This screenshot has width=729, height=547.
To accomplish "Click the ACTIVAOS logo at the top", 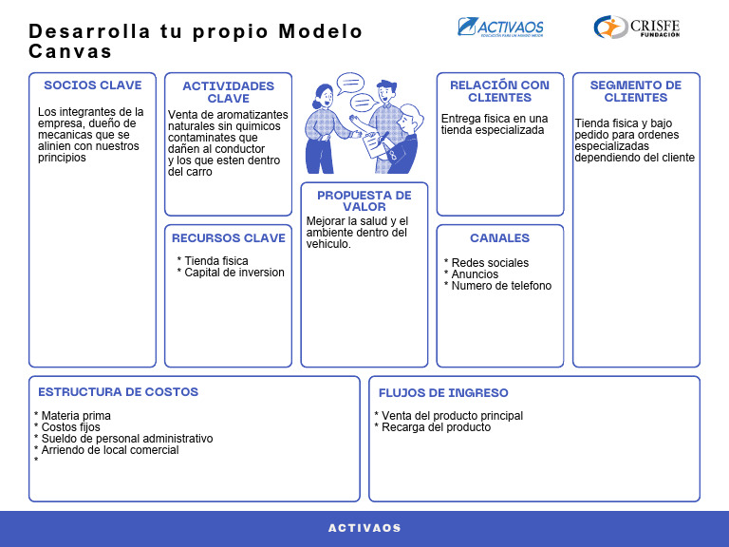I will [x=501, y=28].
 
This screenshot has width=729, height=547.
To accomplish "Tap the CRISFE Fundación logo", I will [x=637, y=28].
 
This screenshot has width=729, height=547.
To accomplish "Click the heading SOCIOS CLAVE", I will [x=92, y=85].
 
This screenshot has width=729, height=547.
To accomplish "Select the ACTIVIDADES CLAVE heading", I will [x=228, y=92].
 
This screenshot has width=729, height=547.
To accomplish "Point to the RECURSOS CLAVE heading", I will [x=228, y=238].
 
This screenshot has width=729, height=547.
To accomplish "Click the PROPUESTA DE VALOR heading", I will [x=364, y=201].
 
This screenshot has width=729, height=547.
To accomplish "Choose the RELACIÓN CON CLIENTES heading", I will [x=499, y=91].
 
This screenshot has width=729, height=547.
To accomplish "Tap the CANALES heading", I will [x=499, y=238].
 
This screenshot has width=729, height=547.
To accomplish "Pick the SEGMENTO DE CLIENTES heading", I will [x=635, y=91].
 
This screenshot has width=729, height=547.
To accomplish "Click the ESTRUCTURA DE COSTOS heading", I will [x=118, y=392].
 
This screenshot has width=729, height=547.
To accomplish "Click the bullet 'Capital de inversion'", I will [x=234, y=273].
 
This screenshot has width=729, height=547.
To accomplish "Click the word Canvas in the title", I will [x=70, y=51].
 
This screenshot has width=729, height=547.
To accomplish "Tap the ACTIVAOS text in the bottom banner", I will [x=364, y=528].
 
